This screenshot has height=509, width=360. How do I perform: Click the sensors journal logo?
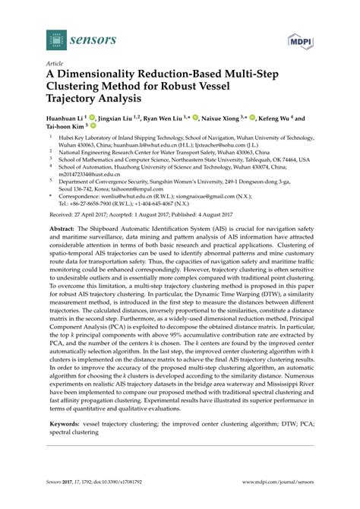tap(68, 39)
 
